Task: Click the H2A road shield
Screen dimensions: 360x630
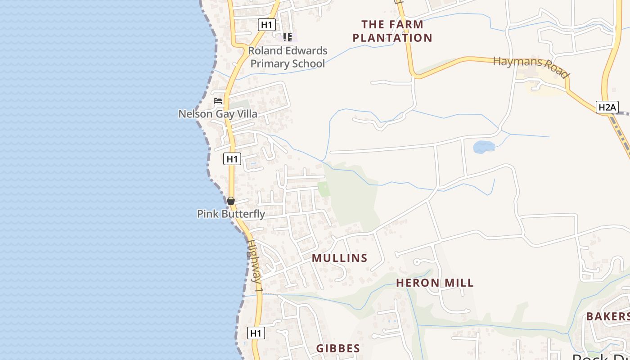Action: point(607,107)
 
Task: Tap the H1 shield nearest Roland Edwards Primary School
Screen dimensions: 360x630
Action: point(267,25)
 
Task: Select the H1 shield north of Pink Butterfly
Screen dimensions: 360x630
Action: point(232,158)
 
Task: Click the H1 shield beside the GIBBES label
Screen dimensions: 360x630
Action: point(256,333)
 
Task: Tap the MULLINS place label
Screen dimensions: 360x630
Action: point(340,258)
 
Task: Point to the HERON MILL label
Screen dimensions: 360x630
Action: point(435,283)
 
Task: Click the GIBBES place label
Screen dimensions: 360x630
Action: point(338,348)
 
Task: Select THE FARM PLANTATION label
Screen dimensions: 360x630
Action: point(392,31)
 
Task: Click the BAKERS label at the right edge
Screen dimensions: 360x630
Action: point(607,316)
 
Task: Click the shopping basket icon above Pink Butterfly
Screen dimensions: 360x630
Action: point(231,201)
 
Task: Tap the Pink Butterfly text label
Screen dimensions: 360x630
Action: point(231,214)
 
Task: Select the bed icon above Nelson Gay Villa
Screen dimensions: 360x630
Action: point(218,101)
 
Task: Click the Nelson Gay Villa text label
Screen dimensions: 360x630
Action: point(218,114)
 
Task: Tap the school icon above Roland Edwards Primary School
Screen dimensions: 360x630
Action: point(288,37)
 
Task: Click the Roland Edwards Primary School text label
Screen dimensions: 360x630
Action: point(288,57)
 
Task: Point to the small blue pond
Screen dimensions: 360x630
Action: point(484,147)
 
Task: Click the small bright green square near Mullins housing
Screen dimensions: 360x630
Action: point(324,189)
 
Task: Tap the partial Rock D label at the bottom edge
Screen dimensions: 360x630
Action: point(601,356)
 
